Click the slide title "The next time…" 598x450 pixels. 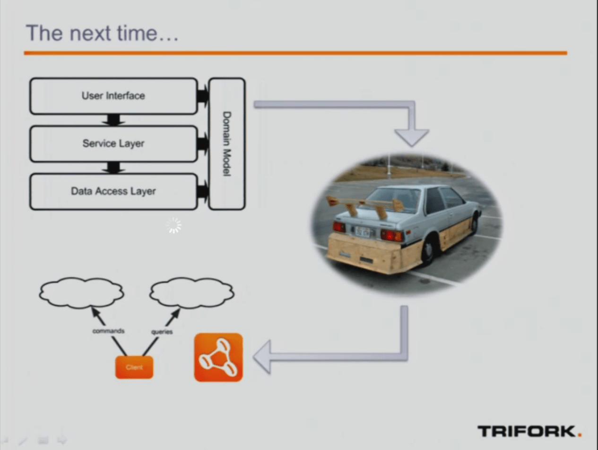[102, 33]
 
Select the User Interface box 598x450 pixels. [113, 96]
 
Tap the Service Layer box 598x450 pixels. [113, 143]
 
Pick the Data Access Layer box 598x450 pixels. [113, 191]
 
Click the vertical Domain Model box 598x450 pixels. [226, 144]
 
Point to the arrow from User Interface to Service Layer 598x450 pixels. [113, 120]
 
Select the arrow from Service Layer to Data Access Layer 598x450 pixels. [113, 168]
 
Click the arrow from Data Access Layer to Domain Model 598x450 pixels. [203, 192]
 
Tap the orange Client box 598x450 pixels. [134, 367]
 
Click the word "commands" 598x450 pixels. [108, 331]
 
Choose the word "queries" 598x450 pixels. [162, 332]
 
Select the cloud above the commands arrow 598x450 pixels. [81, 293]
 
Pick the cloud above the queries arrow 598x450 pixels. [192, 293]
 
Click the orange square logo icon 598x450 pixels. [218, 357]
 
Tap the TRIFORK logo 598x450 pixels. [529, 431]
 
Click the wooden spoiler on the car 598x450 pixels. [365, 203]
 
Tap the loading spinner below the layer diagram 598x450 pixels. [173, 226]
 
